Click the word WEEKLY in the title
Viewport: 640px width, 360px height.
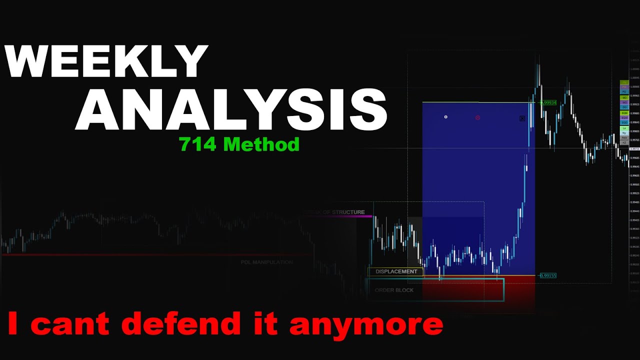[x=106, y=61]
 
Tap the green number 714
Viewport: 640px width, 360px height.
[x=198, y=144]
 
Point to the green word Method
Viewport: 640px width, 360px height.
[x=261, y=144]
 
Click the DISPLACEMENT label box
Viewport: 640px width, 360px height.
[x=396, y=272]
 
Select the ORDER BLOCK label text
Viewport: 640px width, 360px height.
[x=394, y=290]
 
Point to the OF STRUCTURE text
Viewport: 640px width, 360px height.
[x=342, y=212]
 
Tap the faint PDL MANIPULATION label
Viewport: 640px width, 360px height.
[x=266, y=262]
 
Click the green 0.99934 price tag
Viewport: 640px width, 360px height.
[x=548, y=102]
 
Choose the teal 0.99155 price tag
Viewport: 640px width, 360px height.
[x=548, y=275]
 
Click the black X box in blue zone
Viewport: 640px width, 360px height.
[x=522, y=118]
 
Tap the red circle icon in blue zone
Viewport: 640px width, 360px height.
[x=477, y=118]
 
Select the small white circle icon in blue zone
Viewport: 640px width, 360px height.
[x=446, y=117]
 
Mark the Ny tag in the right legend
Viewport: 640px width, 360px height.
[x=624, y=132]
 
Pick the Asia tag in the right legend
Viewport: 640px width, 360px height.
[x=624, y=137]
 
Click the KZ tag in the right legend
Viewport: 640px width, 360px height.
[x=624, y=142]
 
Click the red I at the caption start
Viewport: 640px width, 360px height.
[x=13, y=324]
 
